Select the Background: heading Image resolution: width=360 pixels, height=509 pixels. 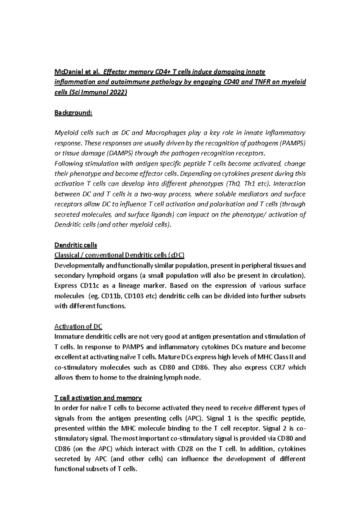(73, 113)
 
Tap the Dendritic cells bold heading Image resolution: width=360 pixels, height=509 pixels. (76, 245)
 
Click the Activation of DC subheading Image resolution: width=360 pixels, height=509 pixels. (78, 326)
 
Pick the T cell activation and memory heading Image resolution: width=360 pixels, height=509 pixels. (98, 398)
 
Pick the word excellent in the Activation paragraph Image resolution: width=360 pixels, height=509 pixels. (67, 357)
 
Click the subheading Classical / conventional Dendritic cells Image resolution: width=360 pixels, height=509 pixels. (119, 255)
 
